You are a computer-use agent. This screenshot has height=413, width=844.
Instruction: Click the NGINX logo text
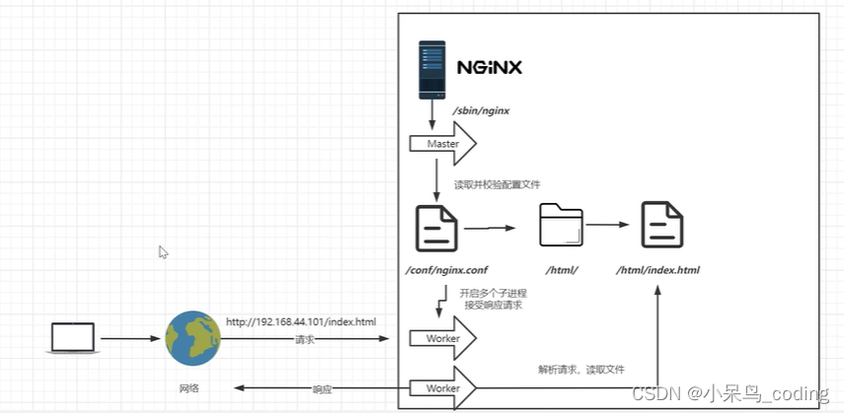tap(490, 67)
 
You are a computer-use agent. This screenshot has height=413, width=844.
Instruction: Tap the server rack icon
tap(432, 70)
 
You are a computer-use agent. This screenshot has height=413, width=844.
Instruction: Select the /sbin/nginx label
tap(481, 111)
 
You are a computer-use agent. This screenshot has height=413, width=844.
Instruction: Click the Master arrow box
tap(443, 144)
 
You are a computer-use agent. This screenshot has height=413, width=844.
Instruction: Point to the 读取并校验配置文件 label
tap(498, 184)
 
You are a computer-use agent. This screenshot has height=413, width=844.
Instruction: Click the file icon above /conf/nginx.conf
tap(436, 228)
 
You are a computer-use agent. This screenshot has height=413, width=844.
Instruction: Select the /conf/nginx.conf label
tap(447, 270)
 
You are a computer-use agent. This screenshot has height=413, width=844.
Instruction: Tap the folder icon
tap(562, 225)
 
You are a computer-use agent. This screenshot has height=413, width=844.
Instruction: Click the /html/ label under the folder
tap(562, 270)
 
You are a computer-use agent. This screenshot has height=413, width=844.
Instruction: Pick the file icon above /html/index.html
tap(662, 225)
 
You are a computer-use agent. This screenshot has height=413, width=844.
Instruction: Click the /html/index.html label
tap(657, 270)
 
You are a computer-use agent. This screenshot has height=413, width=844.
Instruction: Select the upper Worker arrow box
tap(443, 338)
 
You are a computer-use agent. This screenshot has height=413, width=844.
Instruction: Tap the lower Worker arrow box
tap(443, 387)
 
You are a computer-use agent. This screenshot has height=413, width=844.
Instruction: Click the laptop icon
tap(73, 338)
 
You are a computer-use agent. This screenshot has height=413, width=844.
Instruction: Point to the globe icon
tap(192, 338)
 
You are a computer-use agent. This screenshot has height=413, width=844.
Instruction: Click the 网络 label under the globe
tap(189, 387)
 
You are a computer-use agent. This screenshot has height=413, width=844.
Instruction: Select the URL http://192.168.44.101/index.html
tap(301, 321)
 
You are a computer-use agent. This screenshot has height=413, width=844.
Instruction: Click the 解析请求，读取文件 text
tap(580, 370)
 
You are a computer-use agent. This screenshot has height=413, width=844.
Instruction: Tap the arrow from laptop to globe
tap(131, 339)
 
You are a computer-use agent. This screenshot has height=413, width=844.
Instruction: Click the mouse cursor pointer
tap(163, 252)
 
